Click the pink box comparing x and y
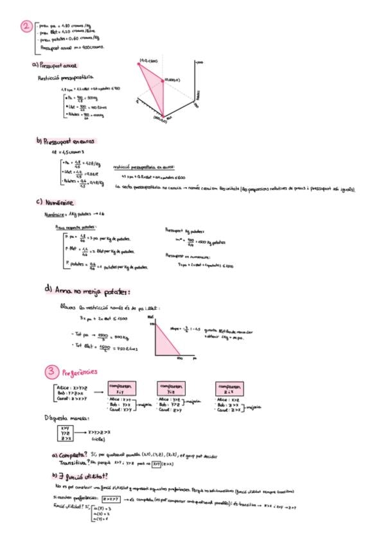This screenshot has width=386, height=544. point(124,389)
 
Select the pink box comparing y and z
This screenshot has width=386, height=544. point(176,388)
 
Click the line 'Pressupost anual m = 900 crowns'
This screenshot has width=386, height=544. point(73,47)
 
